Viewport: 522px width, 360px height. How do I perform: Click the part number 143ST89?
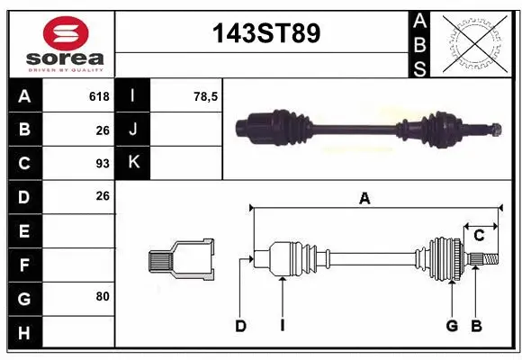[x=264, y=34]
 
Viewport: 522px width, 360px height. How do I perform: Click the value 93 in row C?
[x=102, y=164]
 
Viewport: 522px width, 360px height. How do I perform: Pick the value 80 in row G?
[x=101, y=295]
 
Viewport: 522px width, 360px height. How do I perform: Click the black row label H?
[x=23, y=334]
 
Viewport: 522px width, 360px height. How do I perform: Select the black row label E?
[x=23, y=231]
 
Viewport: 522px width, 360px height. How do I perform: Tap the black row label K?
[x=133, y=162]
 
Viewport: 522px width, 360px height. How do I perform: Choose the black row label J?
[x=133, y=129]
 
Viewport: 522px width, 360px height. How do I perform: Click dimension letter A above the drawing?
[x=364, y=200]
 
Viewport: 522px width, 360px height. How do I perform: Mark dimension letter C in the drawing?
[x=479, y=235]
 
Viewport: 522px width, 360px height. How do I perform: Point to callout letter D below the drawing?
[x=240, y=326]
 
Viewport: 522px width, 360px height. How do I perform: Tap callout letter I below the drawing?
[x=282, y=326]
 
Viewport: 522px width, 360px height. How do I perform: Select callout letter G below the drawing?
[x=452, y=326]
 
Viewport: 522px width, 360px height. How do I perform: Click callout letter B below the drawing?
[x=476, y=326]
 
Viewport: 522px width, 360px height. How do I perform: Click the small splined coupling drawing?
[x=183, y=260]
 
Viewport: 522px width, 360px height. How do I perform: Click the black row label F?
[x=23, y=265]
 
